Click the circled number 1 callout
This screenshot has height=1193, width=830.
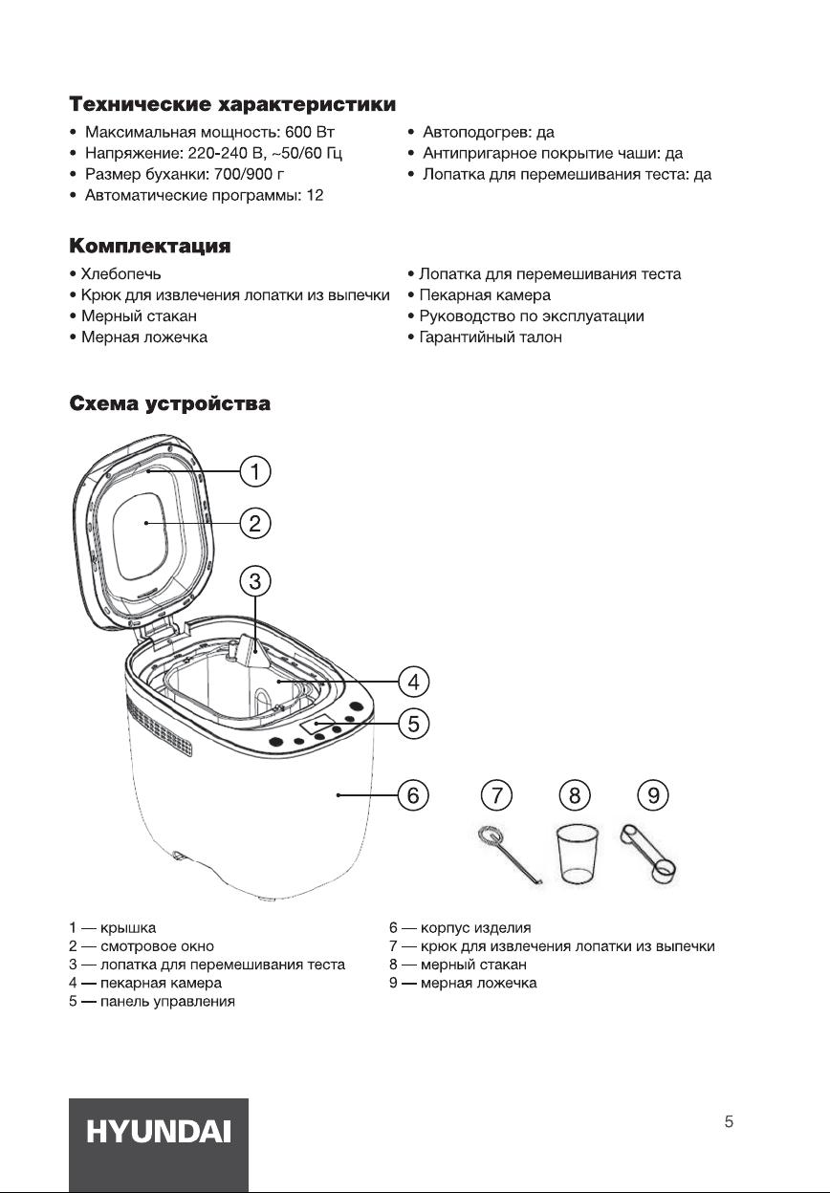tap(255, 471)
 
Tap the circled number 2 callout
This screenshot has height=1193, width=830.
tap(255, 523)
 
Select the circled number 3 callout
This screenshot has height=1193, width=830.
tap(255, 580)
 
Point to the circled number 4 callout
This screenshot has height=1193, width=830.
tap(413, 683)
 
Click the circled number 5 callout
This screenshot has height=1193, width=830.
tap(413, 724)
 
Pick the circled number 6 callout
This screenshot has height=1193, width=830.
tap(413, 794)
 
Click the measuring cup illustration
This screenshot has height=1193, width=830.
tap(578, 853)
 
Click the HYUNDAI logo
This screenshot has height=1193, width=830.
tap(159, 1133)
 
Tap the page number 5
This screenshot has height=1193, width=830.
tap(729, 1122)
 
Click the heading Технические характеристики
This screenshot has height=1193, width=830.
tap(232, 102)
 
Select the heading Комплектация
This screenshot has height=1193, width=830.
tap(149, 247)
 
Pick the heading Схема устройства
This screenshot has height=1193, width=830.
tap(169, 403)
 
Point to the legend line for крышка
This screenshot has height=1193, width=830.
tap(113, 927)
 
